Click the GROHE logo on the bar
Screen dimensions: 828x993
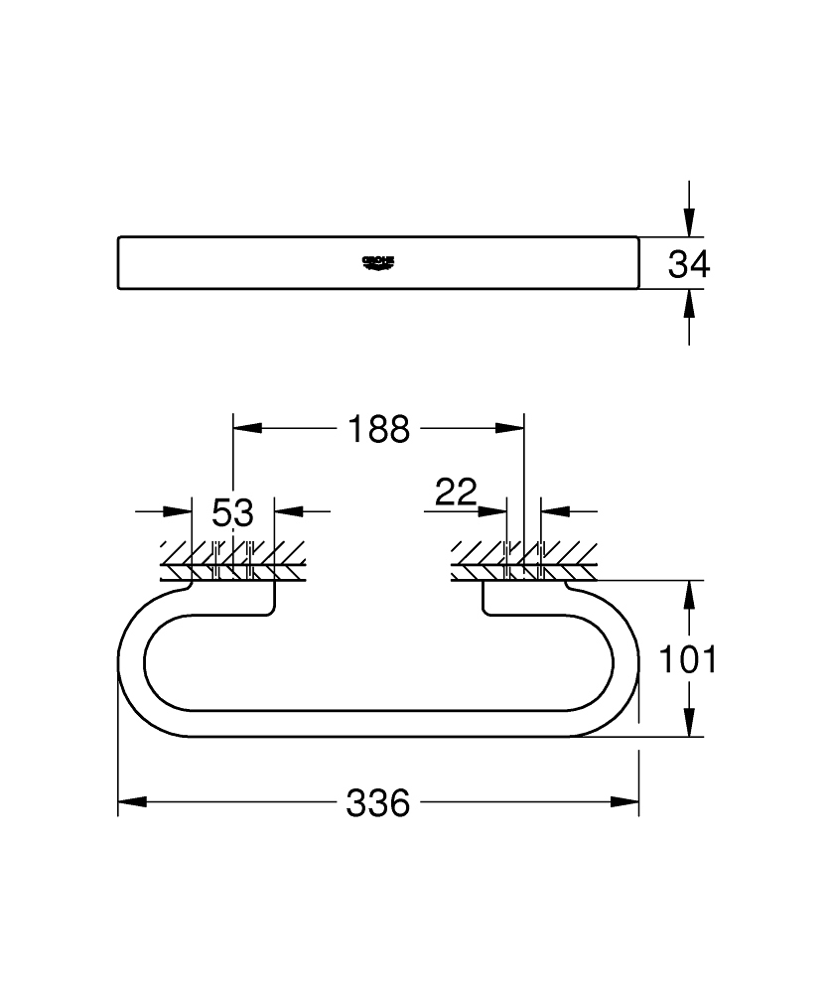tap(378, 262)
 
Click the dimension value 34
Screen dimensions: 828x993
tap(689, 264)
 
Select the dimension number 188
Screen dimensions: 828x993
tap(378, 429)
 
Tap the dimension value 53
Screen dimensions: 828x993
tap(232, 512)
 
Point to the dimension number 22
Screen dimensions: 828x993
tap(456, 492)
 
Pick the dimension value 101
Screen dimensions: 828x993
tap(688, 659)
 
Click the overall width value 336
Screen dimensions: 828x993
tap(378, 803)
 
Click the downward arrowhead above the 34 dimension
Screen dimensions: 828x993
tap(689, 222)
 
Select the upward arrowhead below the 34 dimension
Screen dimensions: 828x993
tap(689, 303)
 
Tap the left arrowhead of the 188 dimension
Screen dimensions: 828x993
tap(247, 428)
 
